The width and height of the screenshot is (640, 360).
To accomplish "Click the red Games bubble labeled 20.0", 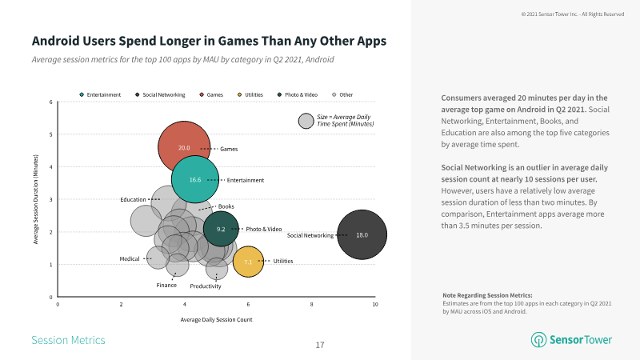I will tap(184, 148).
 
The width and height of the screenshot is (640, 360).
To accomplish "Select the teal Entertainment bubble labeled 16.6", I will tap(195, 180).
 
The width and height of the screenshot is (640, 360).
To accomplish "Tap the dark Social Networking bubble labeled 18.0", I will tap(362, 235).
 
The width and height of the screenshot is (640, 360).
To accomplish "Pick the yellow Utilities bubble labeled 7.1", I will tap(248, 262).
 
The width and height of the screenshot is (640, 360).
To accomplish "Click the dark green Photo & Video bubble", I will tap(221, 229).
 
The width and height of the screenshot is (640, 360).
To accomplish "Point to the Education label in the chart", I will tap(133, 199).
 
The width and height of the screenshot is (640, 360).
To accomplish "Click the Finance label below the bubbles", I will tap(166, 285).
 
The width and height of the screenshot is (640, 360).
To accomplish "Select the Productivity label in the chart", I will tap(206, 286).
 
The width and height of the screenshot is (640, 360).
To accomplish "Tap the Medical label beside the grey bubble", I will tap(130, 258).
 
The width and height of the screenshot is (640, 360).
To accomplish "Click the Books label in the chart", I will tap(226, 206).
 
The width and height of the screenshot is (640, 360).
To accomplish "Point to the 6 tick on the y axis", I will tap(50, 102).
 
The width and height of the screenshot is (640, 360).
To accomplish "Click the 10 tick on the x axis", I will tap(374, 305).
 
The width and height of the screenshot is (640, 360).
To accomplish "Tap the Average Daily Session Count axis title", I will tap(217, 320).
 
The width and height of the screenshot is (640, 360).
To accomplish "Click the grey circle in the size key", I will tap(306, 121).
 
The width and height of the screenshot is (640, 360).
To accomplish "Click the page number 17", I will tap(320, 345).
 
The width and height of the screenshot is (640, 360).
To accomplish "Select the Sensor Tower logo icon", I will tap(539, 340).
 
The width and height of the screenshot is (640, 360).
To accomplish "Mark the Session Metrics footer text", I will tap(68, 340).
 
